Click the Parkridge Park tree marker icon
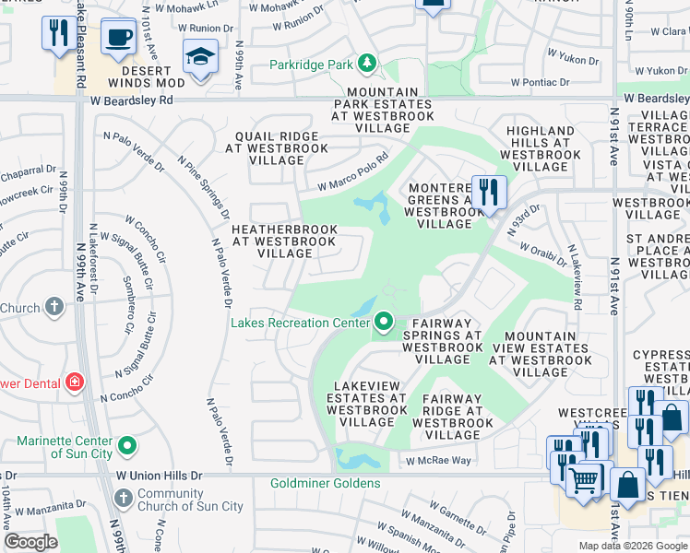tap(368, 64)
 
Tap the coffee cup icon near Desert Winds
tap(117, 37)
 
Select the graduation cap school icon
tap(200, 57)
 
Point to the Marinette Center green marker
tap(127, 447)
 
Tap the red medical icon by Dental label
tap(74, 382)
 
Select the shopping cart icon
tap(583, 478)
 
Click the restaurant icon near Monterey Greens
tap(489, 193)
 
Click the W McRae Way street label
tap(434, 460)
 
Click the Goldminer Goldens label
tap(325, 483)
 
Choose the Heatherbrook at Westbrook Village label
tap(284, 241)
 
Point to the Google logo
tap(31, 542)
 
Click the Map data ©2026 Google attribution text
tap(632, 546)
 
